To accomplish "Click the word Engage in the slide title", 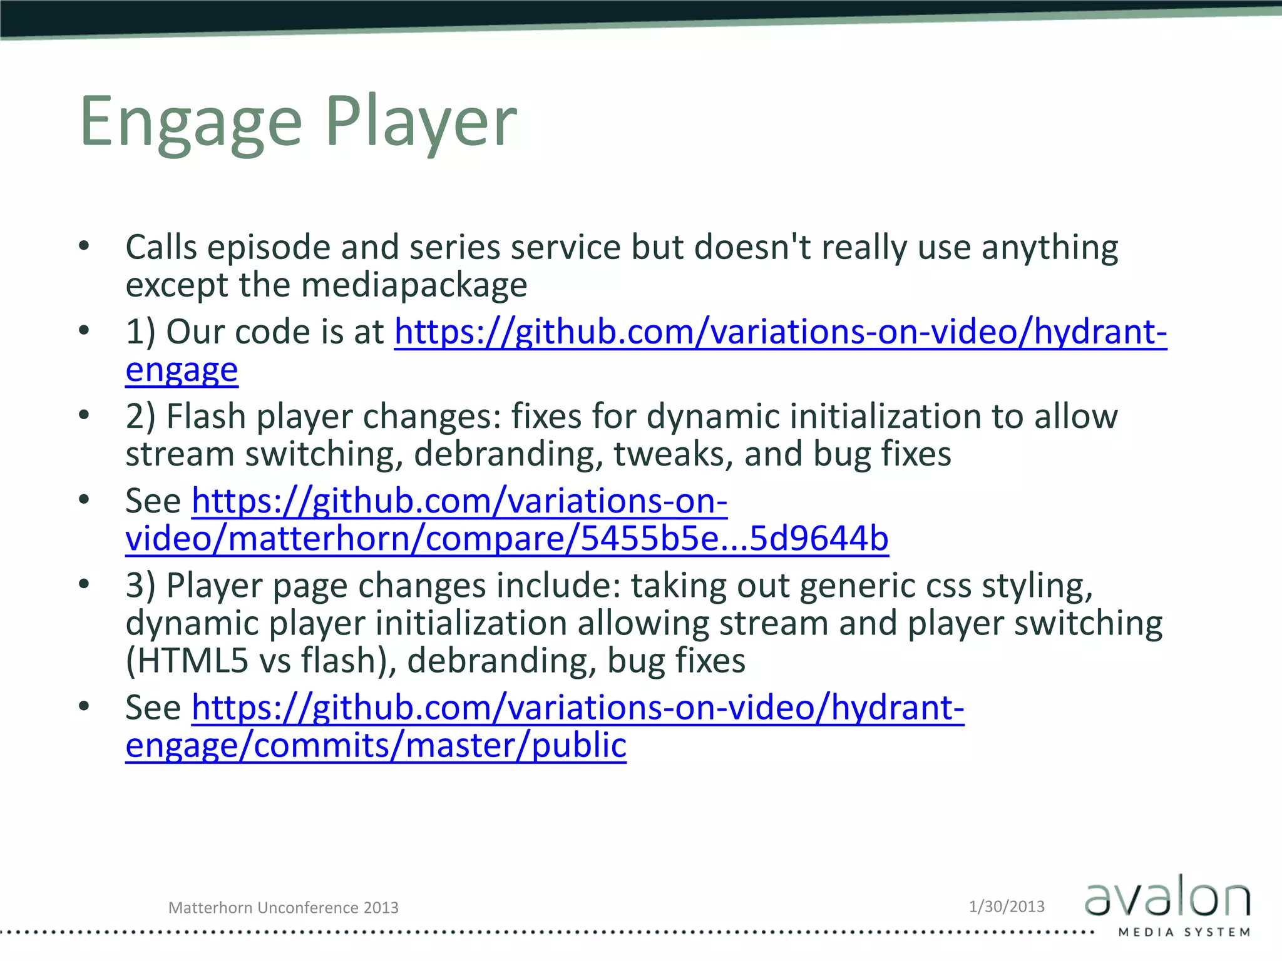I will click(191, 122).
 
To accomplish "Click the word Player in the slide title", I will click(421, 122).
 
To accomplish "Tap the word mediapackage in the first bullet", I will click(414, 285).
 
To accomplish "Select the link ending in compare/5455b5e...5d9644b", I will click(507, 539).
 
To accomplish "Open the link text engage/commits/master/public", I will click(376, 745).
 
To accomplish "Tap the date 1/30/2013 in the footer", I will click(1007, 907).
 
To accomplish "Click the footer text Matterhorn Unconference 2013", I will click(283, 908).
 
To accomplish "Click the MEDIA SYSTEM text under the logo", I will click(1184, 932).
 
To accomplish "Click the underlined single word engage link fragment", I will click(182, 370).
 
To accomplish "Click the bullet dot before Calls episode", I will click(85, 246).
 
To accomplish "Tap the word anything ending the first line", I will click(1049, 248).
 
